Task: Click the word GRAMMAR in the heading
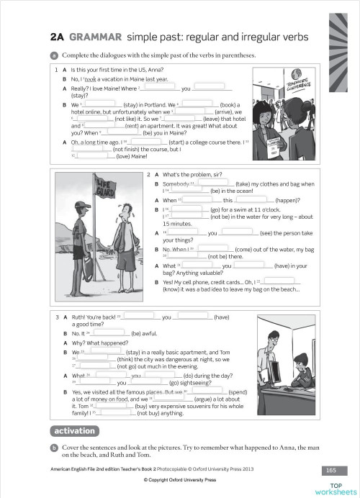coord(94,37)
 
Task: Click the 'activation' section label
coord(74,431)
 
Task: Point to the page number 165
coord(330,470)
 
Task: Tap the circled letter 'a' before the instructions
coord(54,55)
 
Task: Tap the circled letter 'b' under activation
coord(54,448)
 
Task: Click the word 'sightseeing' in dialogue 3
coord(189,382)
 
